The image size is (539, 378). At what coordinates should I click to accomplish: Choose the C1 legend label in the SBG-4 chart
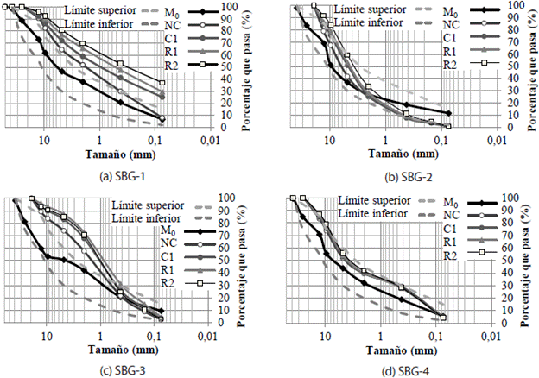(449, 229)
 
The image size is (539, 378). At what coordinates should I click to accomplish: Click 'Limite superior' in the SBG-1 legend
(97, 10)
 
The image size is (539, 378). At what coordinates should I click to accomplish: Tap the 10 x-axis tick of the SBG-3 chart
(48, 335)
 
